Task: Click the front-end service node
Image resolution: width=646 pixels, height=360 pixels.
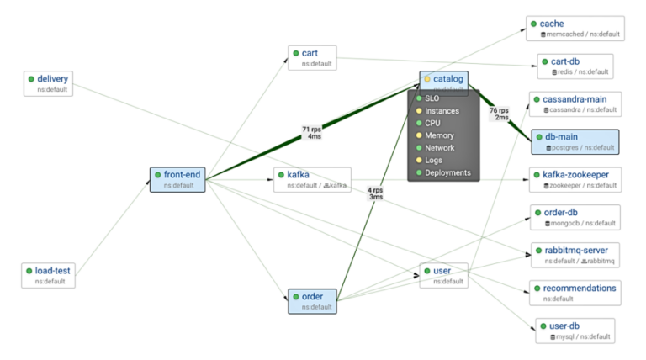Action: [x=177, y=179]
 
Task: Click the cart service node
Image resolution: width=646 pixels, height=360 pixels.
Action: [x=312, y=58]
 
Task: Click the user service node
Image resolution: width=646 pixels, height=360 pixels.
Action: [x=443, y=275]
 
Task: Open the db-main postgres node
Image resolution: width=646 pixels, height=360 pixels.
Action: [x=575, y=141]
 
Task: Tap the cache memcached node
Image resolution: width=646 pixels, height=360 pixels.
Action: [x=575, y=29]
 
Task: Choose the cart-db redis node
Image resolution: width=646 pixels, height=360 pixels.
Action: [x=575, y=66]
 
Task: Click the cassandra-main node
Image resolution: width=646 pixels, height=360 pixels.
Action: [x=575, y=104]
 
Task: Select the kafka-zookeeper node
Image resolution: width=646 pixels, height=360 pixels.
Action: [x=575, y=179]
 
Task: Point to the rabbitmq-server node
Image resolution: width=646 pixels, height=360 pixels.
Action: [x=575, y=255]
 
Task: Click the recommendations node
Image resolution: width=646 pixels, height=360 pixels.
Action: [x=575, y=293]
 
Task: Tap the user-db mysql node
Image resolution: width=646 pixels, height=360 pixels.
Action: [x=575, y=331]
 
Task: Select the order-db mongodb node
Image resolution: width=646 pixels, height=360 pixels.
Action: [x=575, y=217]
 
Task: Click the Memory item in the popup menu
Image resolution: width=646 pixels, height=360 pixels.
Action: [x=439, y=135]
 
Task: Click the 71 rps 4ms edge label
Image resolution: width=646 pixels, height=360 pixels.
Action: [x=311, y=132]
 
